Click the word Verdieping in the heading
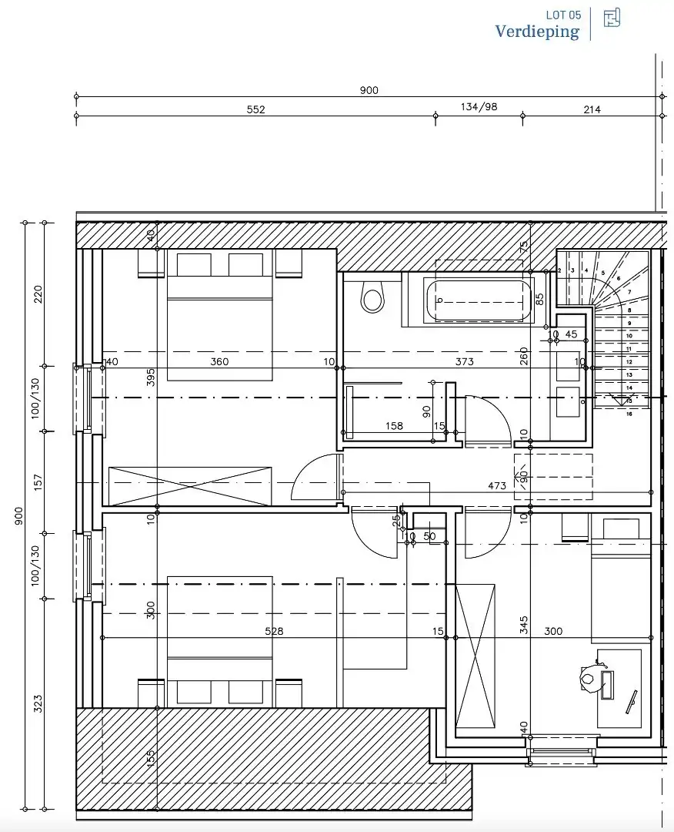tap(536, 32)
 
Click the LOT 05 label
tap(563, 15)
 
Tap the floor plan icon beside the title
tap(612, 18)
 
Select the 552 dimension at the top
tap(255, 109)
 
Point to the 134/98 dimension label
tap(479, 107)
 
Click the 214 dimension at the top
tap(592, 109)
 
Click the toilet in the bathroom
tap(372, 297)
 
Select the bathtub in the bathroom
tap(480, 301)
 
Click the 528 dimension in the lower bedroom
tap(274, 631)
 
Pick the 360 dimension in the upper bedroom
tap(219, 361)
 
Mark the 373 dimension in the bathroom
tap(464, 361)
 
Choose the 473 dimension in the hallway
tap(497, 486)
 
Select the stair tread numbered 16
tap(629, 414)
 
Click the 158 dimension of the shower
tap(394, 426)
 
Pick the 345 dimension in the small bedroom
tap(524, 624)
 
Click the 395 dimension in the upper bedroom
tap(152, 377)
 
